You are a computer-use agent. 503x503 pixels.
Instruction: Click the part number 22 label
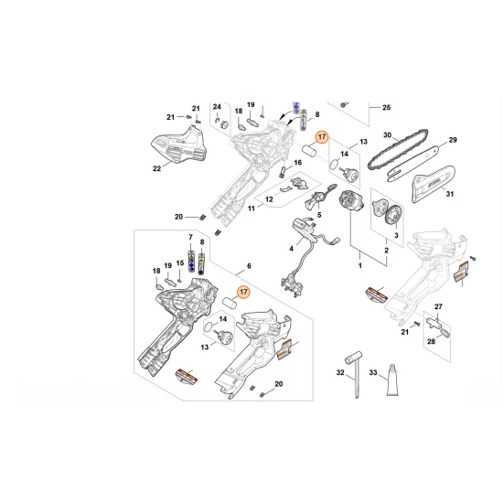point(156,167)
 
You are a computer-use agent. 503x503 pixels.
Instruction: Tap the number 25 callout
point(386,108)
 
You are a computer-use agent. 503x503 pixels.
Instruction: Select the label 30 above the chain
point(387,135)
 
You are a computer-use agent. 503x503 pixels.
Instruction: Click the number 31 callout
point(449,192)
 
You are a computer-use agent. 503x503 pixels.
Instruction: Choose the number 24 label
point(218,108)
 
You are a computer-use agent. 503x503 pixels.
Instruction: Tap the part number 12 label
point(269,198)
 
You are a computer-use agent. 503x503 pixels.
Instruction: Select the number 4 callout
point(292,248)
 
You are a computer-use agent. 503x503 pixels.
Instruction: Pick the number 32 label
point(339,372)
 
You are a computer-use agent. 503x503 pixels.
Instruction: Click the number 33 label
point(373,372)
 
